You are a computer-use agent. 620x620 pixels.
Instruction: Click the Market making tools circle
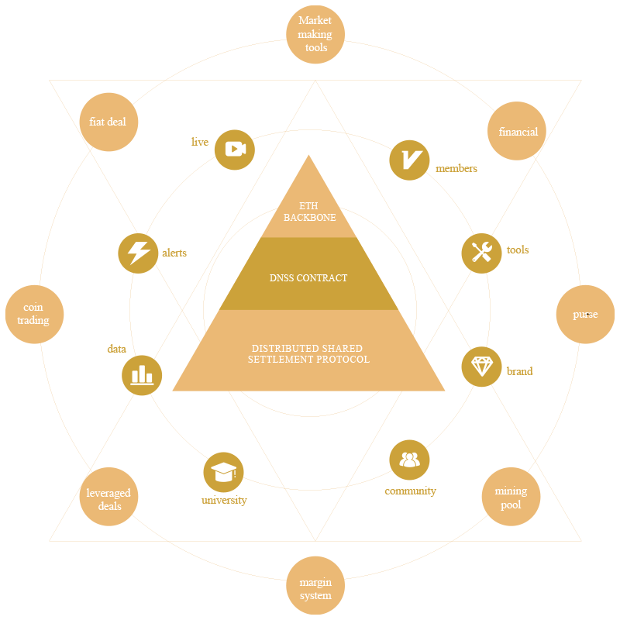pyautogui.click(x=315, y=35)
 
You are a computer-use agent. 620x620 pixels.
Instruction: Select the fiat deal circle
pyautogui.click(x=108, y=122)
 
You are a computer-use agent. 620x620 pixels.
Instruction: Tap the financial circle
pyautogui.click(x=517, y=132)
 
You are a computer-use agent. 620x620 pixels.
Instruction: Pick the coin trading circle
pyautogui.click(x=34, y=315)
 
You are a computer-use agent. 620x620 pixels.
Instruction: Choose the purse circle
pyautogui.click(x=585, y=315)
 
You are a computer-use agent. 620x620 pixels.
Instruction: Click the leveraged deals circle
pyautogui.click(x=108, y=498)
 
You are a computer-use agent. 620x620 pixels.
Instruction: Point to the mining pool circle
pyautogui.click(x=511, y=497)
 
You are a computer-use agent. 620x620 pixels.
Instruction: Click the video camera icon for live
pyautogui.click(x=235, y=150)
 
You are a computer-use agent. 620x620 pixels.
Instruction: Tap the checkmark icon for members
pyautogui.click(x=408, y=160)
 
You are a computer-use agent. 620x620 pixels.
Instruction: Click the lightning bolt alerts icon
pyautogui.click(x=138, y=253)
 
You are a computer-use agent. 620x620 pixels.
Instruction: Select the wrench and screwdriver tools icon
pyautogui.click(x=481, y=253)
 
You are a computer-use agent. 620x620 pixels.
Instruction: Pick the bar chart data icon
pyautogui.click(x=142, y=375)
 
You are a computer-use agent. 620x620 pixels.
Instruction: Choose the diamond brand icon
pyautogui.click(x=481, y=367)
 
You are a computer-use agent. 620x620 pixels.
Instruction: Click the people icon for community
pyautogui.click(x=409, y=460)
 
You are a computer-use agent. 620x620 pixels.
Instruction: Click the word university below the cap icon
pyautogui.click(x=224, y=501)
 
